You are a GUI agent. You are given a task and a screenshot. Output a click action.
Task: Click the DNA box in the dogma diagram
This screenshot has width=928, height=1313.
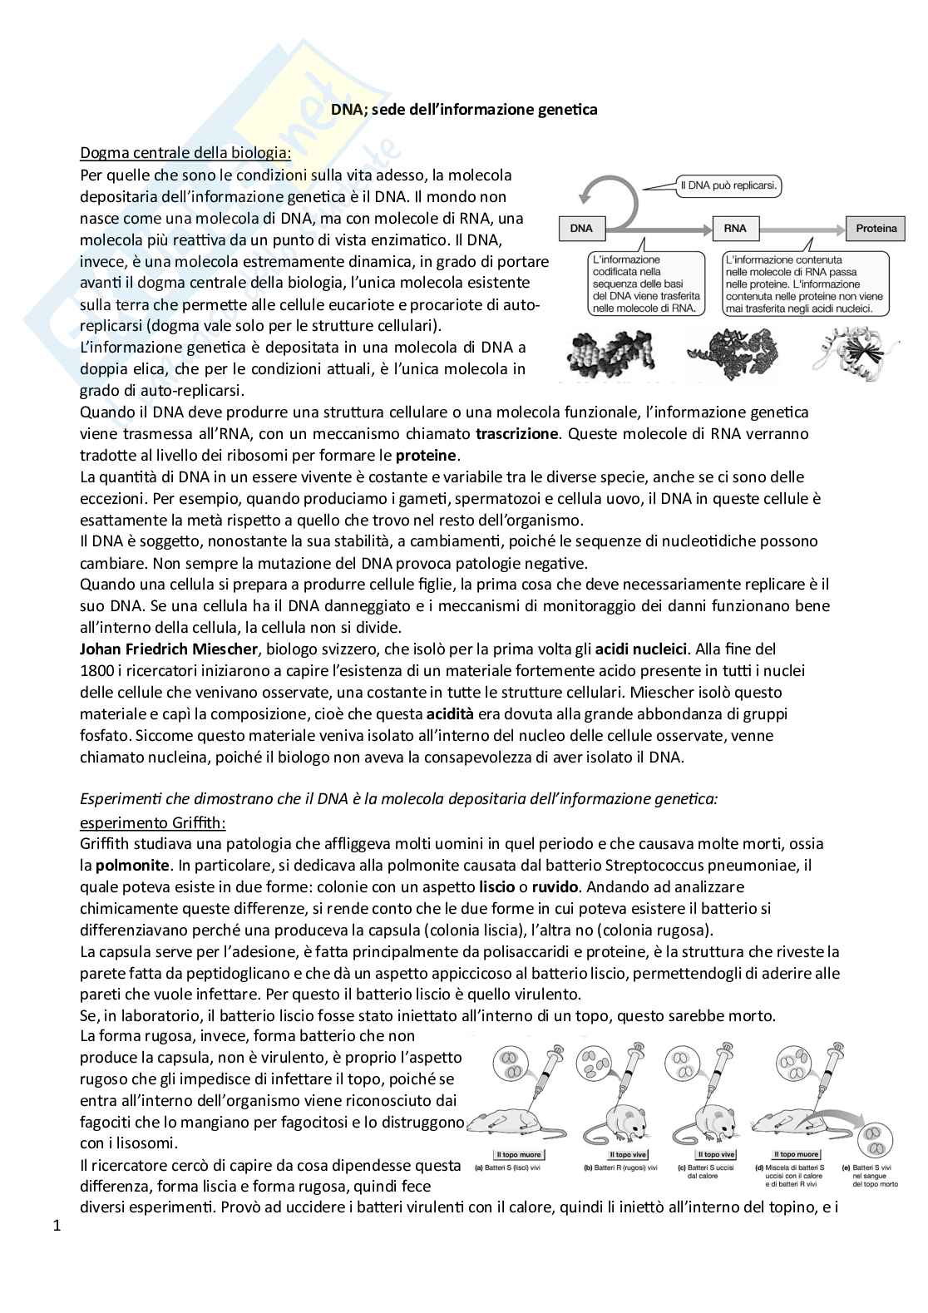pos(582,228)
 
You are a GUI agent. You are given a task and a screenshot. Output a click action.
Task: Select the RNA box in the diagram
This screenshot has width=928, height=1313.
pos(734,228)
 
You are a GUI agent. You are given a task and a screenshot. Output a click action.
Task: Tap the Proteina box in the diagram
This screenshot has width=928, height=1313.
pos(876,228)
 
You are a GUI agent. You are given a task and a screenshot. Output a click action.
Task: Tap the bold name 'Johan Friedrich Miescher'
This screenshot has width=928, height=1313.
pos(159,649)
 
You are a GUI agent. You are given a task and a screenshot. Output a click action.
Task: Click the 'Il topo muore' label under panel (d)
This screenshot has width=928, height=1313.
pos(796,1155)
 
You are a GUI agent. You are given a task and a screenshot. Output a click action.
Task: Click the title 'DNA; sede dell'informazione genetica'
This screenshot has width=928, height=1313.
pos(464,109)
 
